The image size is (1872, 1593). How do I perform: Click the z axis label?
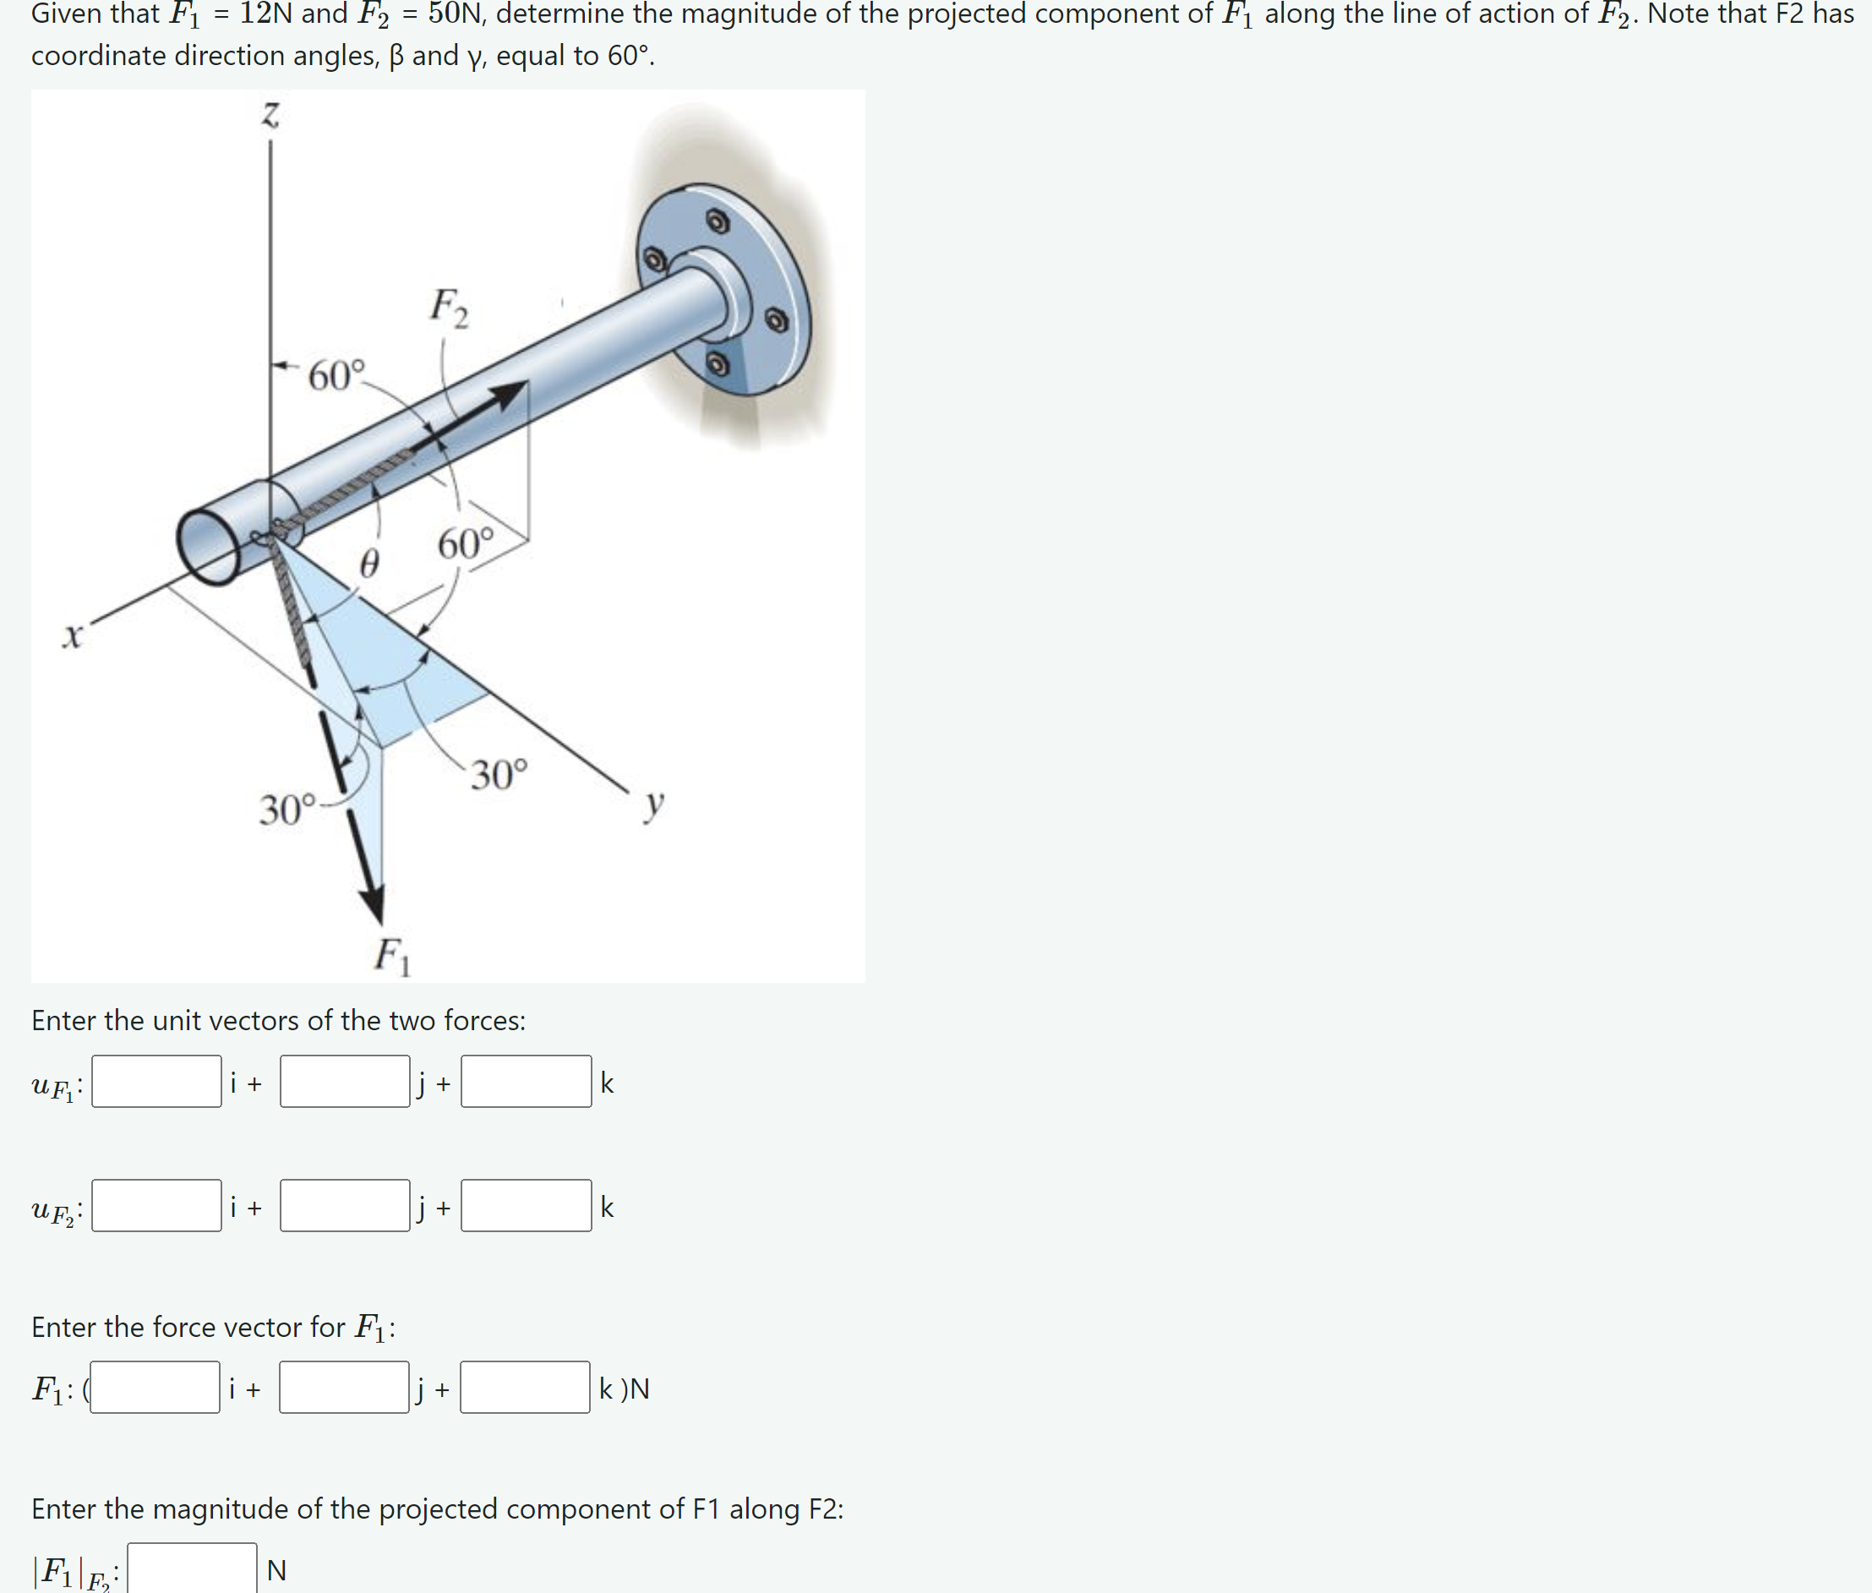270,115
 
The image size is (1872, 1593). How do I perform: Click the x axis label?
72,636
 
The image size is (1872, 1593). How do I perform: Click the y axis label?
654,802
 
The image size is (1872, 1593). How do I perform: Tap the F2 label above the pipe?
449,307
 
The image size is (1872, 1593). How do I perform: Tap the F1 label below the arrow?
392,956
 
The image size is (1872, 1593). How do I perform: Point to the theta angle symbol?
368,565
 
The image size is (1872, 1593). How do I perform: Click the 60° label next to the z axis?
336,374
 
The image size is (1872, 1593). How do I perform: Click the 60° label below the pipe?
466,544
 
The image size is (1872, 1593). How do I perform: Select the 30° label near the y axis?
499,775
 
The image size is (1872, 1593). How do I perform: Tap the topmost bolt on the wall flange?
717,221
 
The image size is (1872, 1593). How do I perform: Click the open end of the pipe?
208,546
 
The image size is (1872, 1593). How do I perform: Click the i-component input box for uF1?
156,1081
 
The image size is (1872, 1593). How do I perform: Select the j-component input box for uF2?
344,1205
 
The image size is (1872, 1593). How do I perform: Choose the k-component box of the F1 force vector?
525,1387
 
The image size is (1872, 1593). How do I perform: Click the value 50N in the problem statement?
456,14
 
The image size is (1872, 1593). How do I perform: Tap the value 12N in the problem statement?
265,14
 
